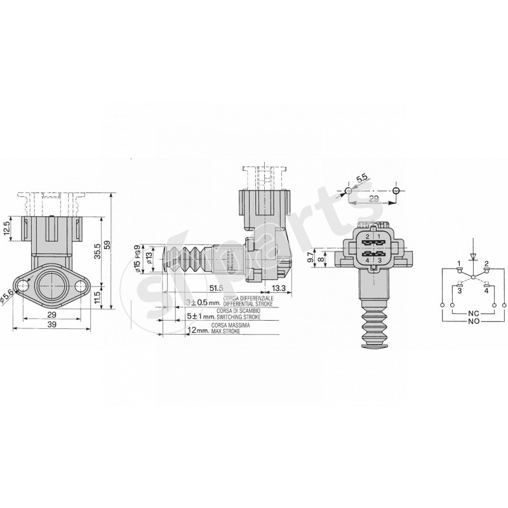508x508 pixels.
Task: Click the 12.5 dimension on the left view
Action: [7, 227]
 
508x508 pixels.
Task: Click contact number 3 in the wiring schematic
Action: [458, 291]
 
